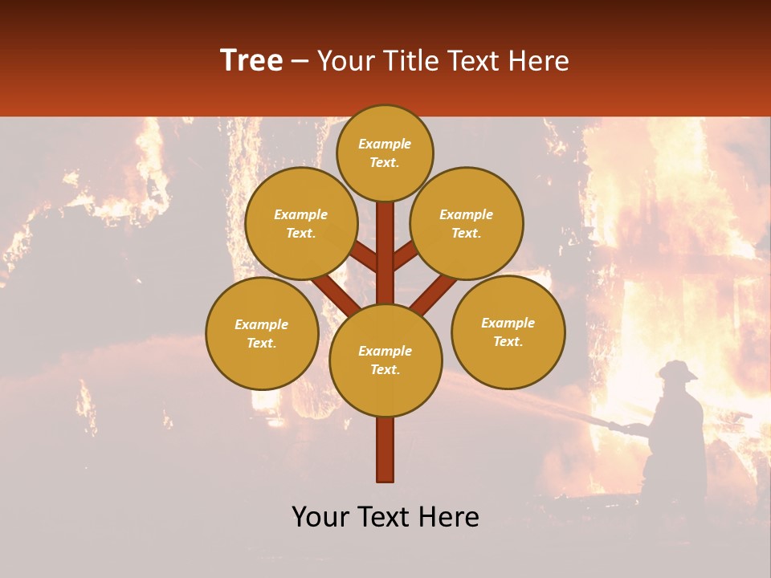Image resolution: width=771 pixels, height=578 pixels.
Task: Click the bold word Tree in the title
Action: [251, 61]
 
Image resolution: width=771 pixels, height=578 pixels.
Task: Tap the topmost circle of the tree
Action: [385, 153]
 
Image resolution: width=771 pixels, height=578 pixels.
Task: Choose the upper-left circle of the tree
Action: [301, 223]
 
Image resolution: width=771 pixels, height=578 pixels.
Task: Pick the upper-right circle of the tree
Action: [467, 223]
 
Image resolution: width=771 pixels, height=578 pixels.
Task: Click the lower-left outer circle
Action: [262, 333]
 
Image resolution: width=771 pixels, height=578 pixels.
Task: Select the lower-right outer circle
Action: [508, 332]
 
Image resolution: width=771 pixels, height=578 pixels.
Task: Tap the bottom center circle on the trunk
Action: [385, 360]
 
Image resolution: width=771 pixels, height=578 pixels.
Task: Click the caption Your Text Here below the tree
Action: [385, 517]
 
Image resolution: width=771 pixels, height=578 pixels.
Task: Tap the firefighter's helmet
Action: [677, 369]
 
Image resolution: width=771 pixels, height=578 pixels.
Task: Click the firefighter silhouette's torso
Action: [679, 425]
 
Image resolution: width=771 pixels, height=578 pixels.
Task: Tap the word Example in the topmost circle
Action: [385, 144]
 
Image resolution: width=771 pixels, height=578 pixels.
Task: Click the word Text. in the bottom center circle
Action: [385, 369]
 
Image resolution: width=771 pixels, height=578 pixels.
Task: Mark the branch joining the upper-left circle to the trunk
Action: [364, 258]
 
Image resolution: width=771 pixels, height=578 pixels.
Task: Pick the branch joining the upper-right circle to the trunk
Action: [406, 256]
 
